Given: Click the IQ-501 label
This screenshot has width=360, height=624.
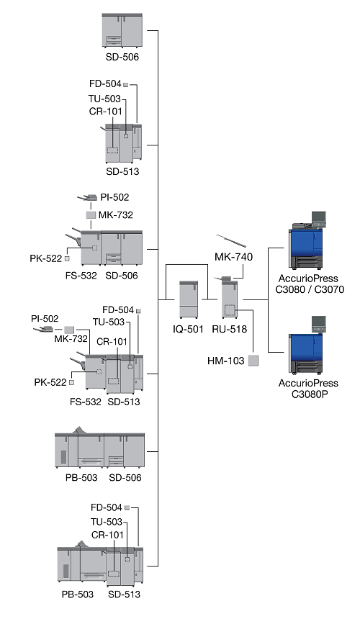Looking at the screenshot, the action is (188, 329).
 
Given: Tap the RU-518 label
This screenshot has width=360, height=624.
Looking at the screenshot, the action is (230, 329).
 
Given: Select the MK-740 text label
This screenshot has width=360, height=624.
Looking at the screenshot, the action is (234, 257).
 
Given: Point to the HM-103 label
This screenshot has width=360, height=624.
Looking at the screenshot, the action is (226, 361).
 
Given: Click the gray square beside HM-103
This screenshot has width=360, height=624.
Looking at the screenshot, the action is (253, 361).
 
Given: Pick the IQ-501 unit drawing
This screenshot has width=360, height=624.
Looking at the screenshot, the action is (189, 299).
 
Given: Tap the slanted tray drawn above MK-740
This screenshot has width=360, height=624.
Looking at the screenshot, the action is (231, 241).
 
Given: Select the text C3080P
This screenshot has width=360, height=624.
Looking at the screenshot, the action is (309, 394).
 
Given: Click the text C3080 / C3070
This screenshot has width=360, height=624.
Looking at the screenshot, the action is (310, 289).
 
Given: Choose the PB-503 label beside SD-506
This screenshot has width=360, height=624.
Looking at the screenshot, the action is (81, 478).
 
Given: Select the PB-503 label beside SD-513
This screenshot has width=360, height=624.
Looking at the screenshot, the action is (78, 594).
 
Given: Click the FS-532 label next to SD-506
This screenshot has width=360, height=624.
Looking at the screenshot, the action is (81, 276).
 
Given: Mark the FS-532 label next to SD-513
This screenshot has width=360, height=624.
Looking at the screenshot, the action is (86, 402).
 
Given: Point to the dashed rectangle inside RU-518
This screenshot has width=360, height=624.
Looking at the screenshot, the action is (230, 310).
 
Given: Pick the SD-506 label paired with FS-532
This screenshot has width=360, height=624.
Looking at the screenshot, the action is (122, 276).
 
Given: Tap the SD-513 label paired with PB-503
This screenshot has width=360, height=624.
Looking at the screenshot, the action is (125, 594).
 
